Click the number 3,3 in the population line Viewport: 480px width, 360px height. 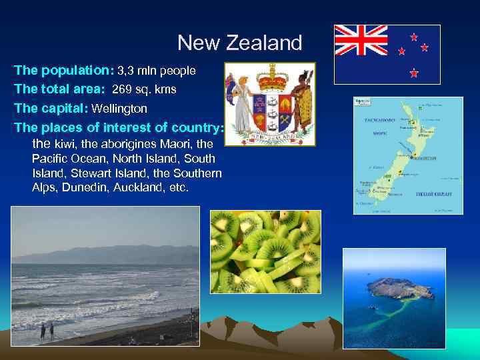click(x=125, y=71)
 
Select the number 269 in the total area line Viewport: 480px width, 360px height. click(x=122, y=89)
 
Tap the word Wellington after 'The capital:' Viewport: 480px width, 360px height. click(x=119, y=108)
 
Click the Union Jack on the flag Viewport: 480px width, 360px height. click(x=361, y=40)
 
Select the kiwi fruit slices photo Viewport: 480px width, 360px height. click(x=265, y=251)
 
